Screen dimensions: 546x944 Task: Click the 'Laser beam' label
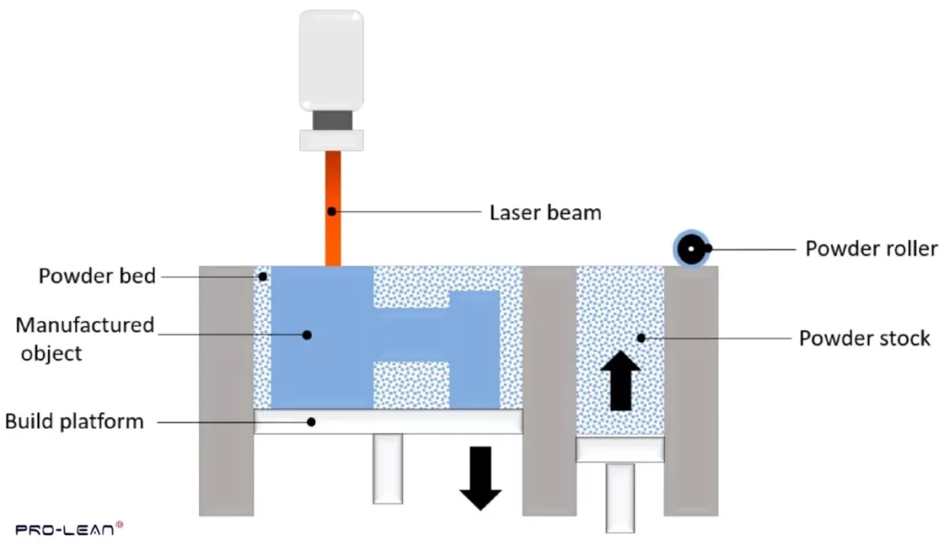[545, 212]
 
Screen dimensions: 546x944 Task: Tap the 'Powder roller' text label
[871, 248]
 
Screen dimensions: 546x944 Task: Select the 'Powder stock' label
[865, 338]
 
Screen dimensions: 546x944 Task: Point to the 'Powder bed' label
[97, 276]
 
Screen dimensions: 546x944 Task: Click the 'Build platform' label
[75, 421]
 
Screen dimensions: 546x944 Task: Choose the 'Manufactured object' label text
[86, 338]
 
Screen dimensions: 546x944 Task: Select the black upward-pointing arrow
[621, 379]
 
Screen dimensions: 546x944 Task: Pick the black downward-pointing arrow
[480, 478]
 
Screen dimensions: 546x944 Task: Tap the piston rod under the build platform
[388, 468]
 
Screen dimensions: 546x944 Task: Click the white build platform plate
[388, 421]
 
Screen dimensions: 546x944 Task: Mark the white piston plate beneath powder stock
[620, 450]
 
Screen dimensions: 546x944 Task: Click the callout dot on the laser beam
[330, 212]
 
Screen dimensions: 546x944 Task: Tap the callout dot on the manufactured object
[310, 335]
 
